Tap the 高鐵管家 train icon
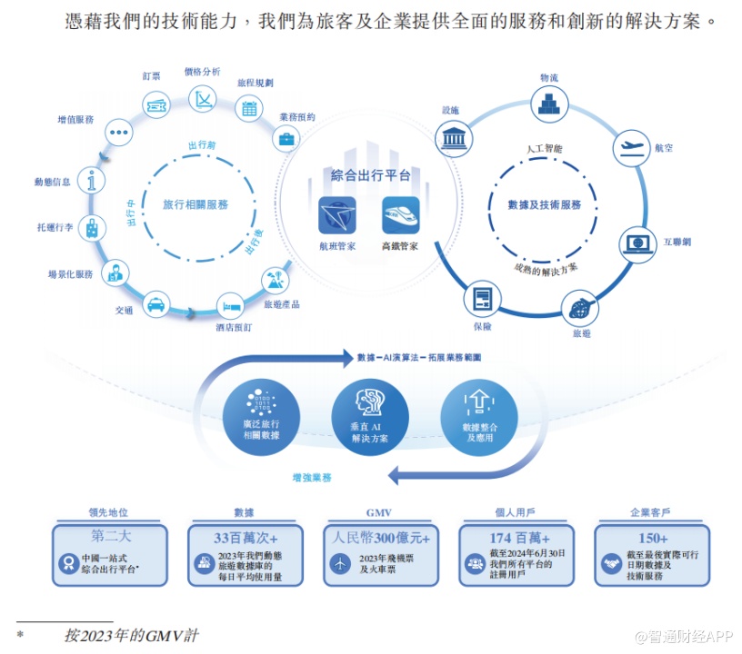click(x=400, y=215)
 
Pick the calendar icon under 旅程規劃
click(x=248, y=108)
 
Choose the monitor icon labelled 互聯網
click(x=637, y=243)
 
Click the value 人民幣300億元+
click(x=381, y=537)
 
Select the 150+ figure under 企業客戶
click(x=653, y=537)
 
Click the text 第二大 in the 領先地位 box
click(x=110, y=537)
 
